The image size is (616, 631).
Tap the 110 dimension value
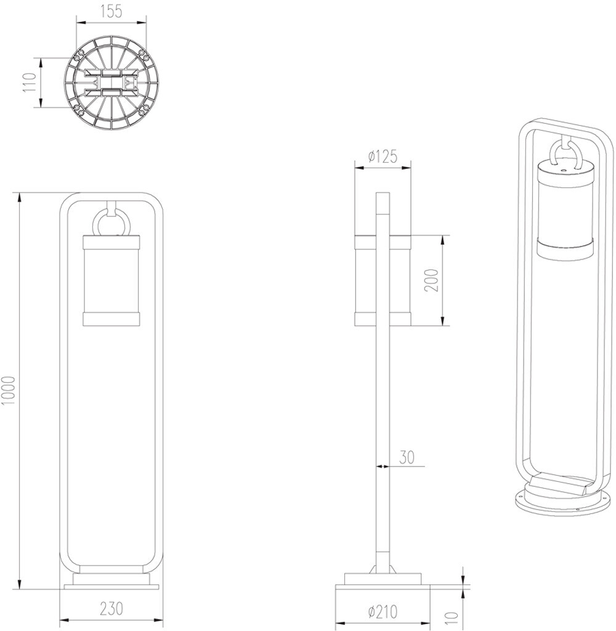point(28,83)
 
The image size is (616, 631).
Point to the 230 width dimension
point(111,608)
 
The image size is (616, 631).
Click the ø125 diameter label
point(382,157)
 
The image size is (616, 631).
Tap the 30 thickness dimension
point(407,457)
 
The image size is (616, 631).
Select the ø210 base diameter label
point(383,612)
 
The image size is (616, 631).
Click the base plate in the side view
point(382,591)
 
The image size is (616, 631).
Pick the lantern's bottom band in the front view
point(111,318)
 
